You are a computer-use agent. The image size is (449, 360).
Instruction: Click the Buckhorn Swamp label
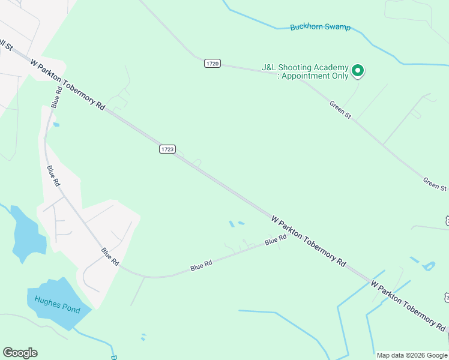click(320, 27)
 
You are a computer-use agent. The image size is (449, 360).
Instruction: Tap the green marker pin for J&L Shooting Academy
click(358, 71)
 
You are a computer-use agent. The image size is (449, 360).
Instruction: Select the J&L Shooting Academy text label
click(304, 72)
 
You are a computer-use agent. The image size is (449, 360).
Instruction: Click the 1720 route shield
click(212, 63)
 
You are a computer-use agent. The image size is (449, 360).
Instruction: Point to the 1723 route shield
click(167, 149)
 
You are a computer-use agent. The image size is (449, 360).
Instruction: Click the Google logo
click(20, 353)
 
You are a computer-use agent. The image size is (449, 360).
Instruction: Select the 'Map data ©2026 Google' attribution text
click(412, 355)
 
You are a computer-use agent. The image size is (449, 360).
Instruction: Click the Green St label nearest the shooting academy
click(340, 109)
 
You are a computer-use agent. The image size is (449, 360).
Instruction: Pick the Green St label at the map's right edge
click(435, 184)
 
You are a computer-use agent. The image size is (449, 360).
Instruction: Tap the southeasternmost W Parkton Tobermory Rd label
click(408, 305)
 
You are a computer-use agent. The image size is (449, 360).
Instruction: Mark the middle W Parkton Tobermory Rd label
click(309, 241)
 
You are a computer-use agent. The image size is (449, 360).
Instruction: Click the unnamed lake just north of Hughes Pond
click(27, 235)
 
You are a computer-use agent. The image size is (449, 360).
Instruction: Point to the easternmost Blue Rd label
click(276, 240)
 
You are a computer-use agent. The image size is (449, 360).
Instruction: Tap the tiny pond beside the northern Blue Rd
click(56, 125)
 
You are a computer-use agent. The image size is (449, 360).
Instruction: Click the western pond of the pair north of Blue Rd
click(232, 224)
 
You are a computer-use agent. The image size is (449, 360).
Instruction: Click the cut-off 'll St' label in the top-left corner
click(5, 44)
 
